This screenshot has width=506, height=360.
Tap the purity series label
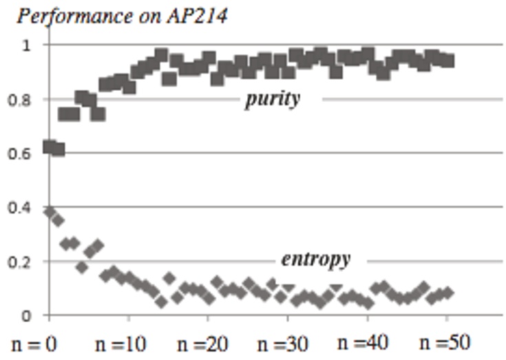[x=273, y=99]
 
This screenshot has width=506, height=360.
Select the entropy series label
[x=315, y=260]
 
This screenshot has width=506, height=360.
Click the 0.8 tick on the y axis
[x=23, y=100]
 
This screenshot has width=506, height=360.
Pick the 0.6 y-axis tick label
[x=23, y=153]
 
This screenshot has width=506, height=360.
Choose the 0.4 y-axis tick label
[x=23, y=207]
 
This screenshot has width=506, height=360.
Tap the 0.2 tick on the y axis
[x=23, y=262]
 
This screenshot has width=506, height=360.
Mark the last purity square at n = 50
[x=447, y=61]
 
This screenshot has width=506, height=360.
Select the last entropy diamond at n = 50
[x=447, y=293]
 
